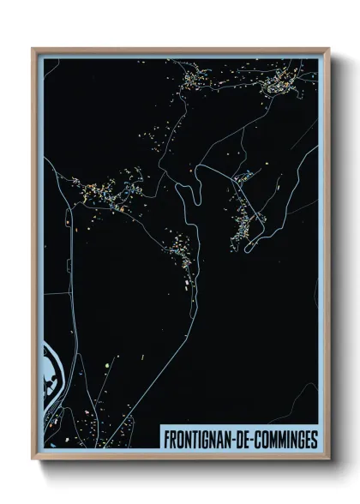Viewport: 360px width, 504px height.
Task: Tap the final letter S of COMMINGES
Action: tap(313, 440)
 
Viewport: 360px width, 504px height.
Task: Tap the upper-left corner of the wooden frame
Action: tap(34, 50)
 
